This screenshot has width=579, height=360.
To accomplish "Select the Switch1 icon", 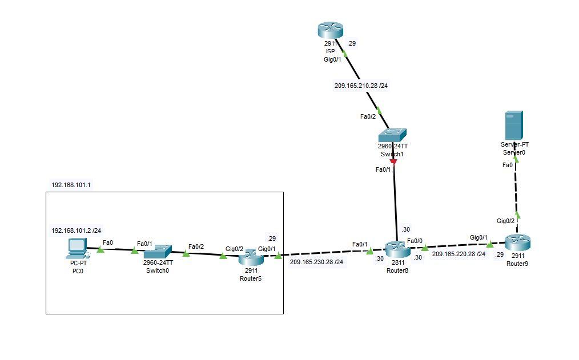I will [393, 135].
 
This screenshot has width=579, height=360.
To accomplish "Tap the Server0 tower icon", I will [514, 126].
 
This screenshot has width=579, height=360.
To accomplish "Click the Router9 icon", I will [517, 242].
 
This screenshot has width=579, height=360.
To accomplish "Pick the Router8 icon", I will [396, 249].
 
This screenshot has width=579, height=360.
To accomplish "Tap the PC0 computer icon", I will [77, 248].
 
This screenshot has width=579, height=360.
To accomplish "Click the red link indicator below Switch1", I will [393, 163].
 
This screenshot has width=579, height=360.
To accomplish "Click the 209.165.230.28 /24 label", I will [317, 262].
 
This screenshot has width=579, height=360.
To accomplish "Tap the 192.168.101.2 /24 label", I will [77, 230].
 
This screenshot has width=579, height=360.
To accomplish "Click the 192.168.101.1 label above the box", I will [71, 185].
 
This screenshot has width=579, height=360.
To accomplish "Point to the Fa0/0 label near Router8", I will [415, 240].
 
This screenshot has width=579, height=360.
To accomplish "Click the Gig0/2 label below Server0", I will [505, 221].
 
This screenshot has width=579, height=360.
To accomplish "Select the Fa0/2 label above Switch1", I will [368, 117].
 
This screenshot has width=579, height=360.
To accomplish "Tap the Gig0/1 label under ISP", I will [331, 58].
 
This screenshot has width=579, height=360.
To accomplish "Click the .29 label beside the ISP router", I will [352, 43].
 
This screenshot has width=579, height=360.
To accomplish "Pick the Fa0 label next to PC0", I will [108, 242].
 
